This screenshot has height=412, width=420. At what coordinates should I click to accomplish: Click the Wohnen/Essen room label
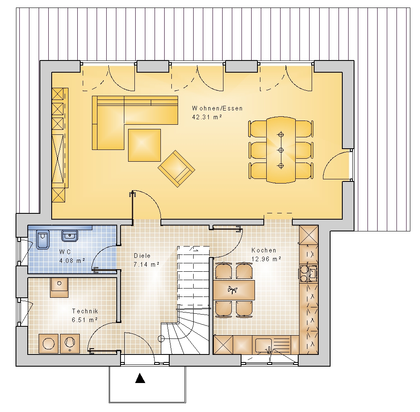pyautogui.click(x=217, y=108)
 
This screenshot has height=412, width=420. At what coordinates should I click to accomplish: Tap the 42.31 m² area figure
pyautogui.click(x=207, y=117)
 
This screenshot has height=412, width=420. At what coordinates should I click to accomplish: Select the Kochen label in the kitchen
pyautogui.click(x=264, y=250)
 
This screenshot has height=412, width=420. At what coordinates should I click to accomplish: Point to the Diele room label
pyautogui.click(x=142, y=256)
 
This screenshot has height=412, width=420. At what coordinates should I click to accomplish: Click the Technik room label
pyautogui.click(x=85, y=311)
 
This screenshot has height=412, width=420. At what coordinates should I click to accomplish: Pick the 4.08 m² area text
pyautogui.click(x=72, y=260)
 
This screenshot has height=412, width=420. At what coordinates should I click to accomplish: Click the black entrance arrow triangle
pyautogui.click(x=140, y=378)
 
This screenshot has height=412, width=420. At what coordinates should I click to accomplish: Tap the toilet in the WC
pyautogui.click(x=43, y=239)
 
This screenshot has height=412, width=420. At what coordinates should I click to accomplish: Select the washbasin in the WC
pyautogui.click(x=70, y=236)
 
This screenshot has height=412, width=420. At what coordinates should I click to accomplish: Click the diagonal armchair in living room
pyautogui.click(x=176, y=168)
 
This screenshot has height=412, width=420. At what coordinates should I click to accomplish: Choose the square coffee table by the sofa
pyautogui.click(x=144, y=145)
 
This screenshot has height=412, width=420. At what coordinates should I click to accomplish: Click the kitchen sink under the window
pyautogui.click(x=264, y=345)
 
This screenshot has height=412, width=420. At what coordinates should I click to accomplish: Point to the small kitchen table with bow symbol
pyautogui.click(x=234, y=290)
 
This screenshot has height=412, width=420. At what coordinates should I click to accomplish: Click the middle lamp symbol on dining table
pyautogui.click(x=281, y=150)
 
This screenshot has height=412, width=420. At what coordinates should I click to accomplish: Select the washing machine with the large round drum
pyautogui.click(x=48, y=344)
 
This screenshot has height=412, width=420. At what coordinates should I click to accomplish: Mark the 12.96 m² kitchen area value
pyautogui.click(x=266, y=259)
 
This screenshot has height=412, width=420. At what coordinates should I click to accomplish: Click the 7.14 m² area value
pyautogui.click(x=147, y=265)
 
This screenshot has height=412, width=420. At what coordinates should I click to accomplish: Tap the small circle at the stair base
pyautogui.click(x=161, y=339)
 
